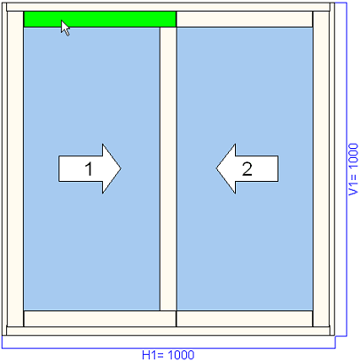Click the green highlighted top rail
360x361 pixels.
100,20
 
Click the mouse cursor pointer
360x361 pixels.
66,28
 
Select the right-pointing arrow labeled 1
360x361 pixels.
90,169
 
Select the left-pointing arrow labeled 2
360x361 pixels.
247,169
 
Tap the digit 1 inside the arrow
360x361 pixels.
89,169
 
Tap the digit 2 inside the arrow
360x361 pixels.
247,169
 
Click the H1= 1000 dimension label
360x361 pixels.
168,355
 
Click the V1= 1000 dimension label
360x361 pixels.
353,169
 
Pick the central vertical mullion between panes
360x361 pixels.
168,169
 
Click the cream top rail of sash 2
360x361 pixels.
245,20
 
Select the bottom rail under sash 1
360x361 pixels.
100,318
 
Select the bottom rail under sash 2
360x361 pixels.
245,318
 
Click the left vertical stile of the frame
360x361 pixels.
15,169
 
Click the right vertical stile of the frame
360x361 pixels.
321,169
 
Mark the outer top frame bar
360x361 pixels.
168,7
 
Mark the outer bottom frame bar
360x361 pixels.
168,331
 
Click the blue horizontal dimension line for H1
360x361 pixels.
168,348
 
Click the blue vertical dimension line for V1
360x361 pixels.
346,169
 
